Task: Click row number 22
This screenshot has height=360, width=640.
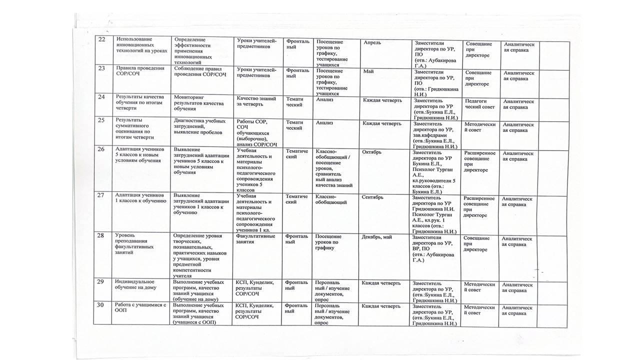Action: tap(101, 40)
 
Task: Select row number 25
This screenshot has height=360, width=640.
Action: tap(101, 120)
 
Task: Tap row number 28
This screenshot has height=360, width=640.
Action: tap(100, 235)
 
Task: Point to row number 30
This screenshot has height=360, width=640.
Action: tap(100, 305)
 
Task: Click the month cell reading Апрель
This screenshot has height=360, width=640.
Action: tap(373, 43)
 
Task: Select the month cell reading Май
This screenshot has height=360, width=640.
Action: tap(369, 71)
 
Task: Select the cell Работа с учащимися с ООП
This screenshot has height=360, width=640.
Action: tap(139, 308)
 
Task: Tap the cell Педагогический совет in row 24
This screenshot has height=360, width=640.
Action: tap(479, 104)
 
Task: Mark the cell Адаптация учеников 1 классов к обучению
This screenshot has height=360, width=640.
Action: tap(139, 198)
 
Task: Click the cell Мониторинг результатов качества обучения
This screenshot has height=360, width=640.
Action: tap(195, 102)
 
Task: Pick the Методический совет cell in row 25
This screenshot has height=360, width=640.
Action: tap(479, 127)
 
